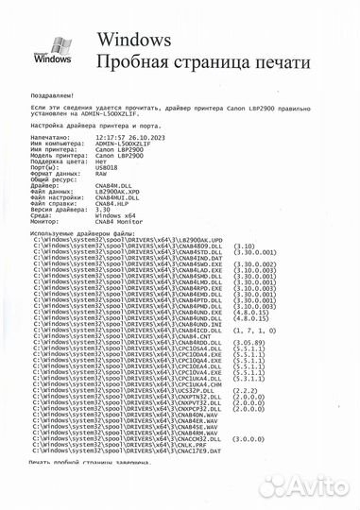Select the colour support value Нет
pyautogui.click(x=100, y=160)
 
